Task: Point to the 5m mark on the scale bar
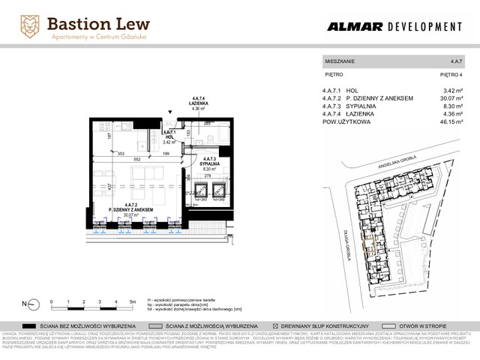pyautogui.click(x=132, y=301)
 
